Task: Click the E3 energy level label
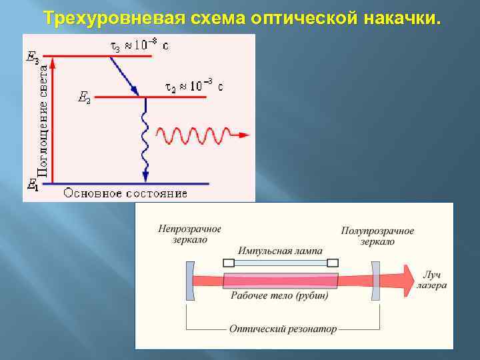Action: coord(31,57)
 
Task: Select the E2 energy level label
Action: coord(84,99)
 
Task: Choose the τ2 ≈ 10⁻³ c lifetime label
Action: coord(194,87)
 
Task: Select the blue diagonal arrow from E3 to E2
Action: coord(123,75)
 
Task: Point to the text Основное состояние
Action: coord(125,193)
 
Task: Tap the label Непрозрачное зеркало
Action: coord(190,234)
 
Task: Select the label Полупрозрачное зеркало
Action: coord(377,236)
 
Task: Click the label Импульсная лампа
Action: coord(281,251)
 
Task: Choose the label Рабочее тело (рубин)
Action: coord(279,295)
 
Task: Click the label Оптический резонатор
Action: coord(283,329)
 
